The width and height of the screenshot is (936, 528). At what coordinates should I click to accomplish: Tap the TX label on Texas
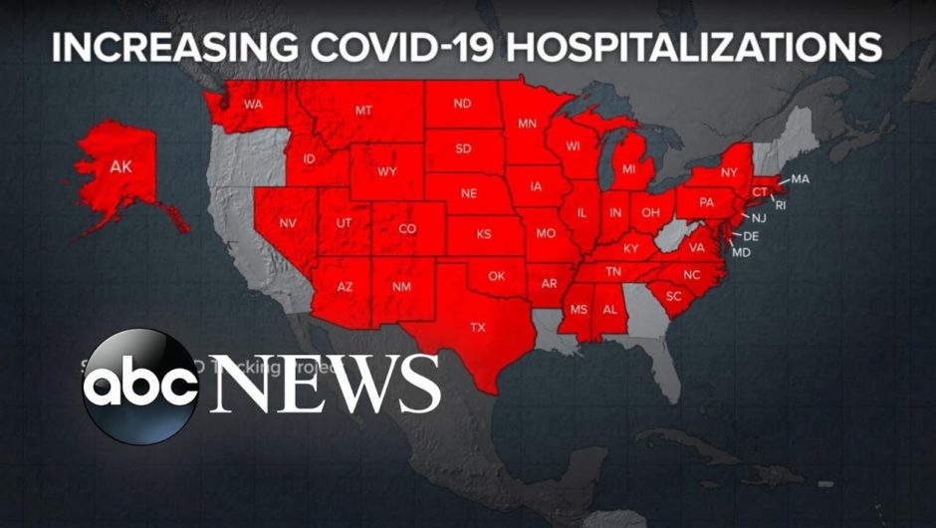(478, 327)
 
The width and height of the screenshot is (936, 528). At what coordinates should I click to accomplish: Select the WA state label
(253, 103)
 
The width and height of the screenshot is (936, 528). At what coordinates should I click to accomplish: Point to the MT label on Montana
(363, 111)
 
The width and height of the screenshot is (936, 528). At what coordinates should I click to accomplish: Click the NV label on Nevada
(289, 223)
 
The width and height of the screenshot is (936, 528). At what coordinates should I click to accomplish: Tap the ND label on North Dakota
(462, 105)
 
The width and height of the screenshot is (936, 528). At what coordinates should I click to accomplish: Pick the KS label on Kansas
(484, 236)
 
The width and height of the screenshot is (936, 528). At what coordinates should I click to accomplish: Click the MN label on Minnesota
(527, 125)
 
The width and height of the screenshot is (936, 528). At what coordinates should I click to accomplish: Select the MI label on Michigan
(628, 170)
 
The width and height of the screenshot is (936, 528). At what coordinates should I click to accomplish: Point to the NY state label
(728, 171)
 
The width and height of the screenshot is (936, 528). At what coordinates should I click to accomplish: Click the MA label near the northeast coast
(801, 179)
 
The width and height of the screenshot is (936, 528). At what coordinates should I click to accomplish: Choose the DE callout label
(751, 236)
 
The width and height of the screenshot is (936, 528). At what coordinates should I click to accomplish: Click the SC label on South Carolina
(674, 296)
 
